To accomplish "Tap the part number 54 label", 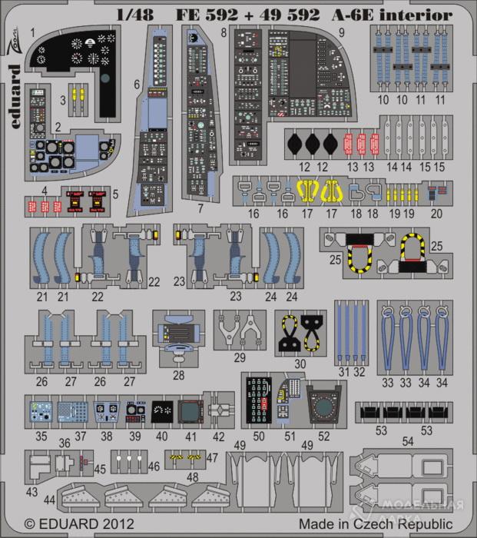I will (408, 441).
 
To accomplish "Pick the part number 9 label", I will (341, 35).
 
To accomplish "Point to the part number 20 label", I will (437, 214).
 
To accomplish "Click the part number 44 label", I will (50, 500).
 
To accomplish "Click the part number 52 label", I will (323, 436).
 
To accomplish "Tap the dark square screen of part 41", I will (189, 410).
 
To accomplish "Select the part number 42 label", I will (219, 436).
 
